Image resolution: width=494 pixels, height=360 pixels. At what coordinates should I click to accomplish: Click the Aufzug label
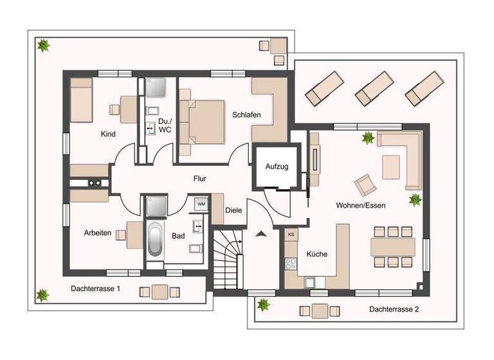(277, 166)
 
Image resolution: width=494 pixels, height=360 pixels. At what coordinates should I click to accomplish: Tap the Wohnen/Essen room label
(360, 205)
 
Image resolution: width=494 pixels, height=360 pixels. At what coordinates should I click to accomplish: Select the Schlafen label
(246, 114)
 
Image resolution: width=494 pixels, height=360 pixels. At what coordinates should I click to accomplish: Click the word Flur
(199, 179)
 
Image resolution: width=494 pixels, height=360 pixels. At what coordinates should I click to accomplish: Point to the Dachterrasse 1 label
(96, 289)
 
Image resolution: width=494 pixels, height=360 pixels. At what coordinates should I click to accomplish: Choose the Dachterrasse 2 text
(394, 309)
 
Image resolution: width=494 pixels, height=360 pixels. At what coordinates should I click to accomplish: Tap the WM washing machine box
(201, 204)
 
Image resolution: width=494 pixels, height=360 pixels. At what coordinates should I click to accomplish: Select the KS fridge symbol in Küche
(291, 235)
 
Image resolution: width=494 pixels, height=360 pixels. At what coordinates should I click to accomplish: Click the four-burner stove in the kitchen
(291, 263)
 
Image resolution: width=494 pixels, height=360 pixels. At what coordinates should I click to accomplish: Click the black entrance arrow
(261, 234)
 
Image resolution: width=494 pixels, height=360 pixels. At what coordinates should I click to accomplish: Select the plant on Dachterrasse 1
(42, 294)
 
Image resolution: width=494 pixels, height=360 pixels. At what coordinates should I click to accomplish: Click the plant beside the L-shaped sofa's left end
(369, 137)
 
